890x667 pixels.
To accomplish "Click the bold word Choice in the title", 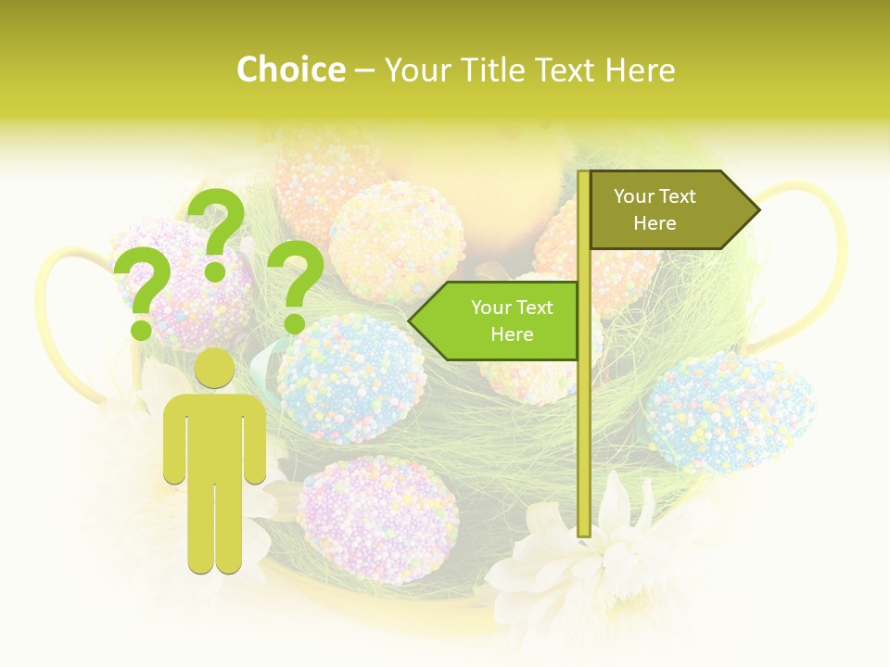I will [290, 70].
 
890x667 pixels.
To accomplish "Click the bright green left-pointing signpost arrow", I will [496, 321].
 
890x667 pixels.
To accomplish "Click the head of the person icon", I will [215, 369].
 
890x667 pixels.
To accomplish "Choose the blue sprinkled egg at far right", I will [730, 410].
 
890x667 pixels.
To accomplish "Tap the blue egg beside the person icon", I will [350, 378].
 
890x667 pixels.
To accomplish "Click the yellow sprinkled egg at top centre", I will [397, 242].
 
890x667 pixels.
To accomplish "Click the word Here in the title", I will [640, 70].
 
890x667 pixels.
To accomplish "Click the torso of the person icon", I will [215, 435].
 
